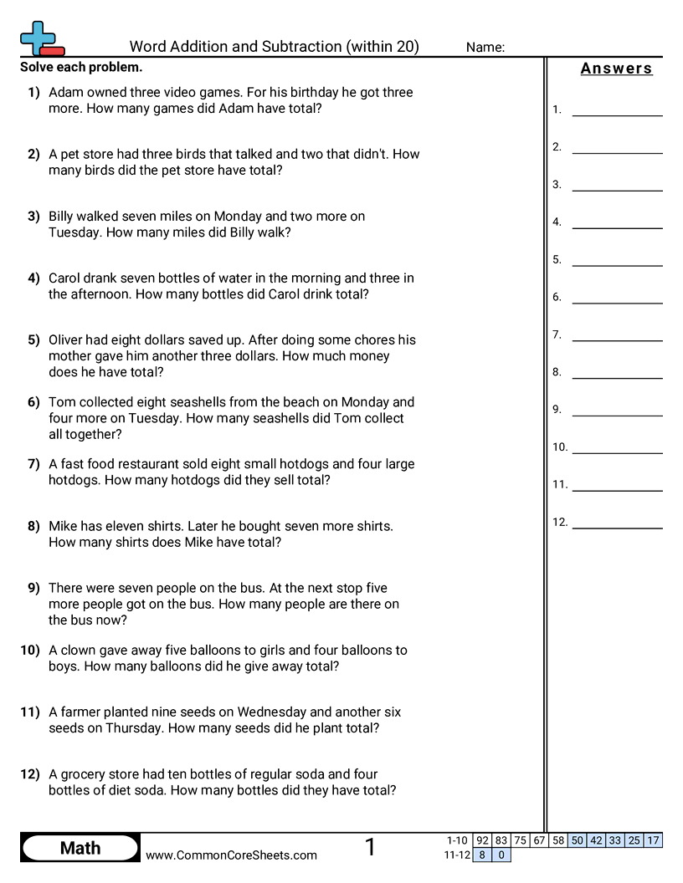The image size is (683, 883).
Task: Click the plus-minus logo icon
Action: click(x=40, y=38)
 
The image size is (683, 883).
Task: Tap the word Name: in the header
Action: click(x=485, y=48)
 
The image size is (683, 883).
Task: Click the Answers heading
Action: click(x=616, y=69)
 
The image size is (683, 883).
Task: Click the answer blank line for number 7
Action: click(x=617, y=339)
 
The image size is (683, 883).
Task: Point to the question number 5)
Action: click(x=33, y=339)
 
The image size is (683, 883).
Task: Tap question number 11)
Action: click(x=30, y=712)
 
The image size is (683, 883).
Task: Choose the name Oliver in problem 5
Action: click(x=69, y=339)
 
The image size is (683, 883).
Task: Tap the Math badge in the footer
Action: click(x=80, y=849)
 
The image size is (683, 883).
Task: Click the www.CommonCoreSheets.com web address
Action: click(x=231, y=855)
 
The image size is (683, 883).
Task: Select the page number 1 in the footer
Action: click(x=370, y=848)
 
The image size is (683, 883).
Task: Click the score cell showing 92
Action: click(x=482, y=840)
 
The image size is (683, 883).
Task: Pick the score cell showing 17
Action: click(x=653, y=840)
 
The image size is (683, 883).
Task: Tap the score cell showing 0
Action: click(x=501, y=855)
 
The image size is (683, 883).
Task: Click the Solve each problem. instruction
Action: click(x=81, y=68)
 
